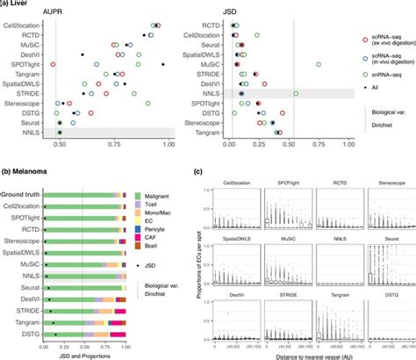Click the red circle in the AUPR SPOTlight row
pyautogui.click(x=54, y=64)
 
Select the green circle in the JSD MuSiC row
pyautogui.click(x=319, y=64)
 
